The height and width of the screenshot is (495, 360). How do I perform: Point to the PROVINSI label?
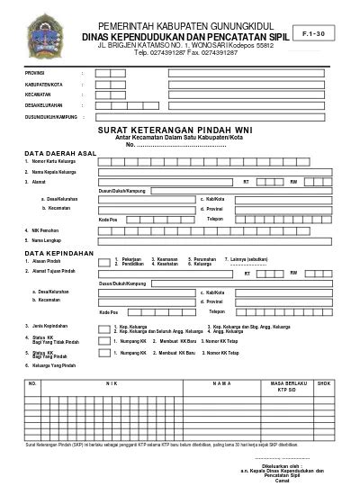35,71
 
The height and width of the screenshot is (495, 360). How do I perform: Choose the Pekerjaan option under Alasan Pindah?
133,259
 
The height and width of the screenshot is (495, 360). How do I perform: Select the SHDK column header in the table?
323,383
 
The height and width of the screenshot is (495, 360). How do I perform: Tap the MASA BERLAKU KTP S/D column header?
283,386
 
